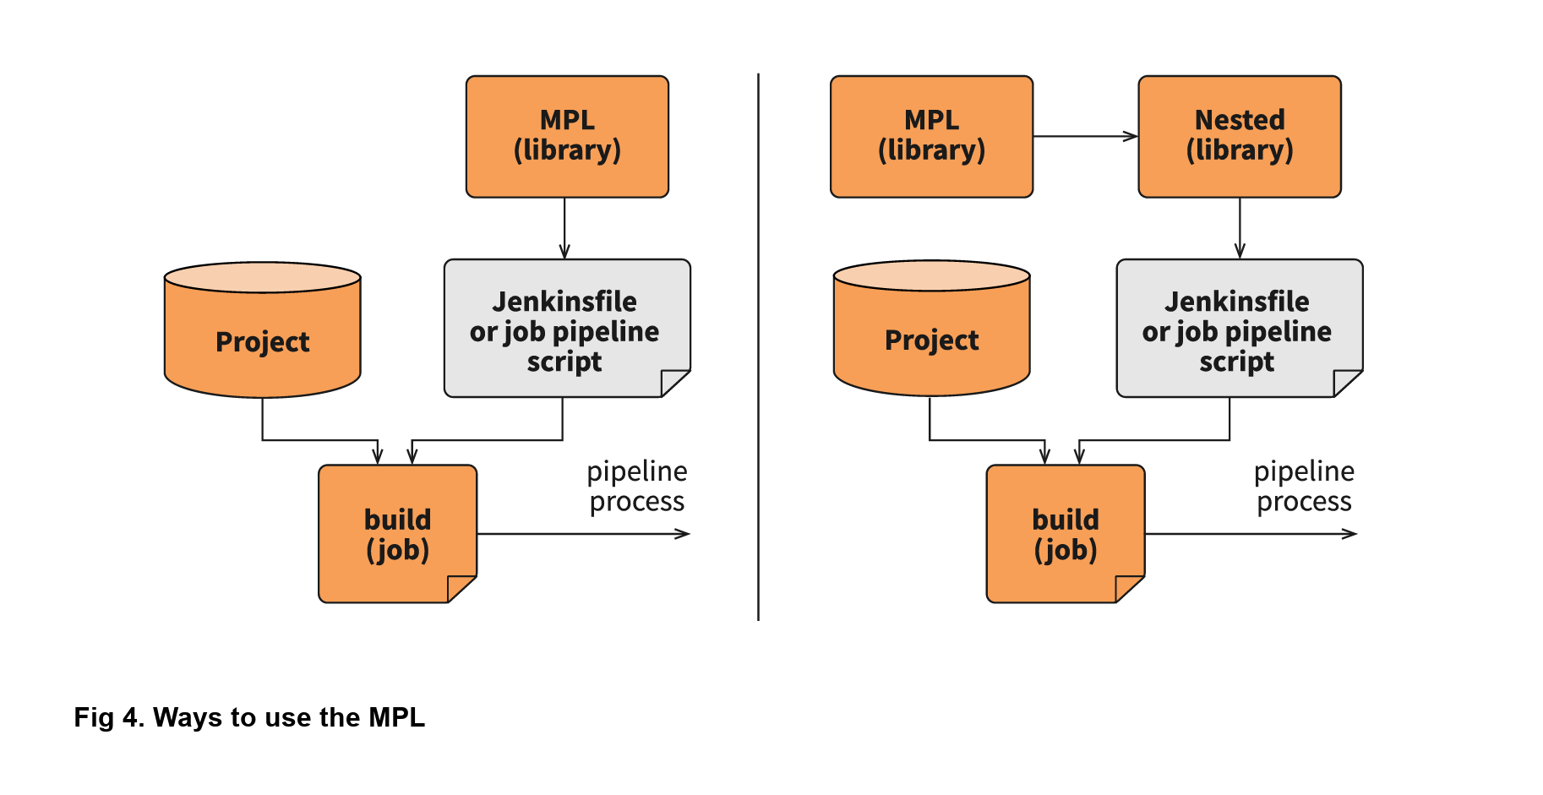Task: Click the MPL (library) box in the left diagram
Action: pos(567,136)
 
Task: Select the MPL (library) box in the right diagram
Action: pos(931,136)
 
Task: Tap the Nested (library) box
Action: pos(1239,136)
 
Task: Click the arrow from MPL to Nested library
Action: pos(1085,136)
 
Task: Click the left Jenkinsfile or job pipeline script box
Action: pos(564,329)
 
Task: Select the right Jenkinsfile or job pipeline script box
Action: pos(1237,329)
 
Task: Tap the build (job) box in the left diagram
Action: pos(397,534)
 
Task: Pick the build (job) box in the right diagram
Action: pos(1065,534)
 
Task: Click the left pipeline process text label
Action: pos(636,486)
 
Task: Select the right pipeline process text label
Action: pos(1304,486)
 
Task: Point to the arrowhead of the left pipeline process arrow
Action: pos(684,534)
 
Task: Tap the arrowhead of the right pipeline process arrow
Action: pos(1350,534)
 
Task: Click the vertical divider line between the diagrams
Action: pos(758,346)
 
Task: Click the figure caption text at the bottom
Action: pos(249,717)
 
